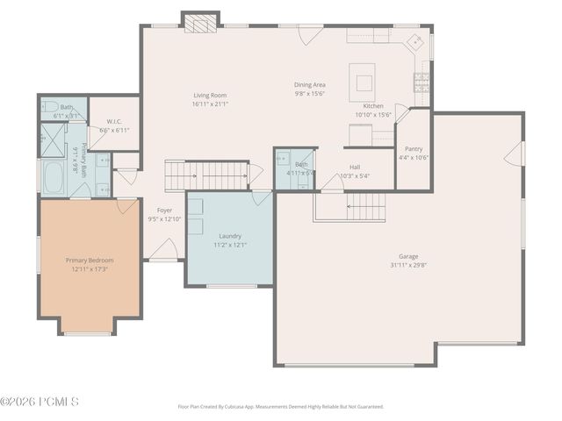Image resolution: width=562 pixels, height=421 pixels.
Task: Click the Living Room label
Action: (x=211, y=95)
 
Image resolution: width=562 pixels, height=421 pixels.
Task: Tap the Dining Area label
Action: (x=309, y=85)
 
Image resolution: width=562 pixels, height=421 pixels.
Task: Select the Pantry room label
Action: (x=413, y=149)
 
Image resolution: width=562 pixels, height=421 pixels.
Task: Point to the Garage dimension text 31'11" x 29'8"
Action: (x=408, y=265)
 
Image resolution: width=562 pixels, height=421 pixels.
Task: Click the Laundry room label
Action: (x=230, y=236)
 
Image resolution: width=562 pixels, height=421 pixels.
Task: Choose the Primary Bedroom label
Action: (x=90, y=260)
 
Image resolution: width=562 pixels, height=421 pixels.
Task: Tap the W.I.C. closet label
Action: (x=113, y=121)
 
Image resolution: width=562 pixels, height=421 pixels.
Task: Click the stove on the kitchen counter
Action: (x=421, y=82)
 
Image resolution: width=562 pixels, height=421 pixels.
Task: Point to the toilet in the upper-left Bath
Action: (x=47, y=111)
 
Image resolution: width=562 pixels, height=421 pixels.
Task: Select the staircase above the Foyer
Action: (x=206, y=175)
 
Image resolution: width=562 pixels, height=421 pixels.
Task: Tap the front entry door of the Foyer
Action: (x=162, y=251)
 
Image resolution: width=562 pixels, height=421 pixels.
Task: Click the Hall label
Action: (x=355, y=167)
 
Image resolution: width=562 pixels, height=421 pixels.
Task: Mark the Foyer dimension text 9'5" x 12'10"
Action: (x=165, y=219)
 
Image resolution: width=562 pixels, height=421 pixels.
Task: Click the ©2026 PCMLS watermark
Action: (x=40, y=402)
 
